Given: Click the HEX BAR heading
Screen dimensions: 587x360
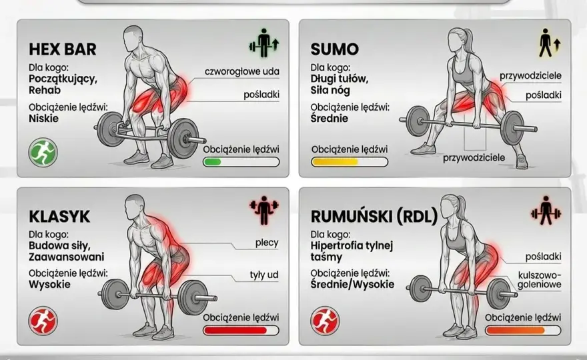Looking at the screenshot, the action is (x=63, y=49).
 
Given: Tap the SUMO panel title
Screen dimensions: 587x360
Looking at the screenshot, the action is (x=335, y=49).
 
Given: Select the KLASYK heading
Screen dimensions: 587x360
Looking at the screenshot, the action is (x=59, y=217).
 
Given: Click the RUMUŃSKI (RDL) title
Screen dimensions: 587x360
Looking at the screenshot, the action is (x=374, y=217).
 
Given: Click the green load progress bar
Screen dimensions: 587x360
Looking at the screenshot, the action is (x=241, y=162).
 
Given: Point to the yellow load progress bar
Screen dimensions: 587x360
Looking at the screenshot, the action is (x=350, y=162).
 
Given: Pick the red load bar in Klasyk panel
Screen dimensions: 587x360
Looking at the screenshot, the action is (x=241, y=331).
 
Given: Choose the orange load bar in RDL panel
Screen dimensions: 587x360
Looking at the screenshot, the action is (x=523, y=331).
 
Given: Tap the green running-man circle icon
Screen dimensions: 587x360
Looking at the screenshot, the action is (x=43, y=152).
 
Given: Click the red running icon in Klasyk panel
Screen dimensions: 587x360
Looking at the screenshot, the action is (x=43, y=321).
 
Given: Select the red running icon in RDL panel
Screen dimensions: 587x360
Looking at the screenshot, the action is (x=325, y=321).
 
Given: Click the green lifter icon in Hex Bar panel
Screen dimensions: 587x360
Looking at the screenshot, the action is (x=264, y=43).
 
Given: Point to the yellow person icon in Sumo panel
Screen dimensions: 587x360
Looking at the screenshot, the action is (x=550, y=43).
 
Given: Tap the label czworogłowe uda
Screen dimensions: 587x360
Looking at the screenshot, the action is (x=242, y=71).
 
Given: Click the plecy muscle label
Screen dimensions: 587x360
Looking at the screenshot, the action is (x=267, y=243).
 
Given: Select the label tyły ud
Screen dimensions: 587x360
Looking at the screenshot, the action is (x=264, y=275).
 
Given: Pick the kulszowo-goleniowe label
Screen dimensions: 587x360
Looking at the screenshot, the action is (x=540, y=280).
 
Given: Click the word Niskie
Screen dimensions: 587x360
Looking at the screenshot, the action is (x=44, y=119).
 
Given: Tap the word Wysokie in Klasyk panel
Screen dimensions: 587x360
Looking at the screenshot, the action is (x=49, y=285).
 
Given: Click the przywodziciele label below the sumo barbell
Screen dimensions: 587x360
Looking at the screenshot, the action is (x=474, y=158).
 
